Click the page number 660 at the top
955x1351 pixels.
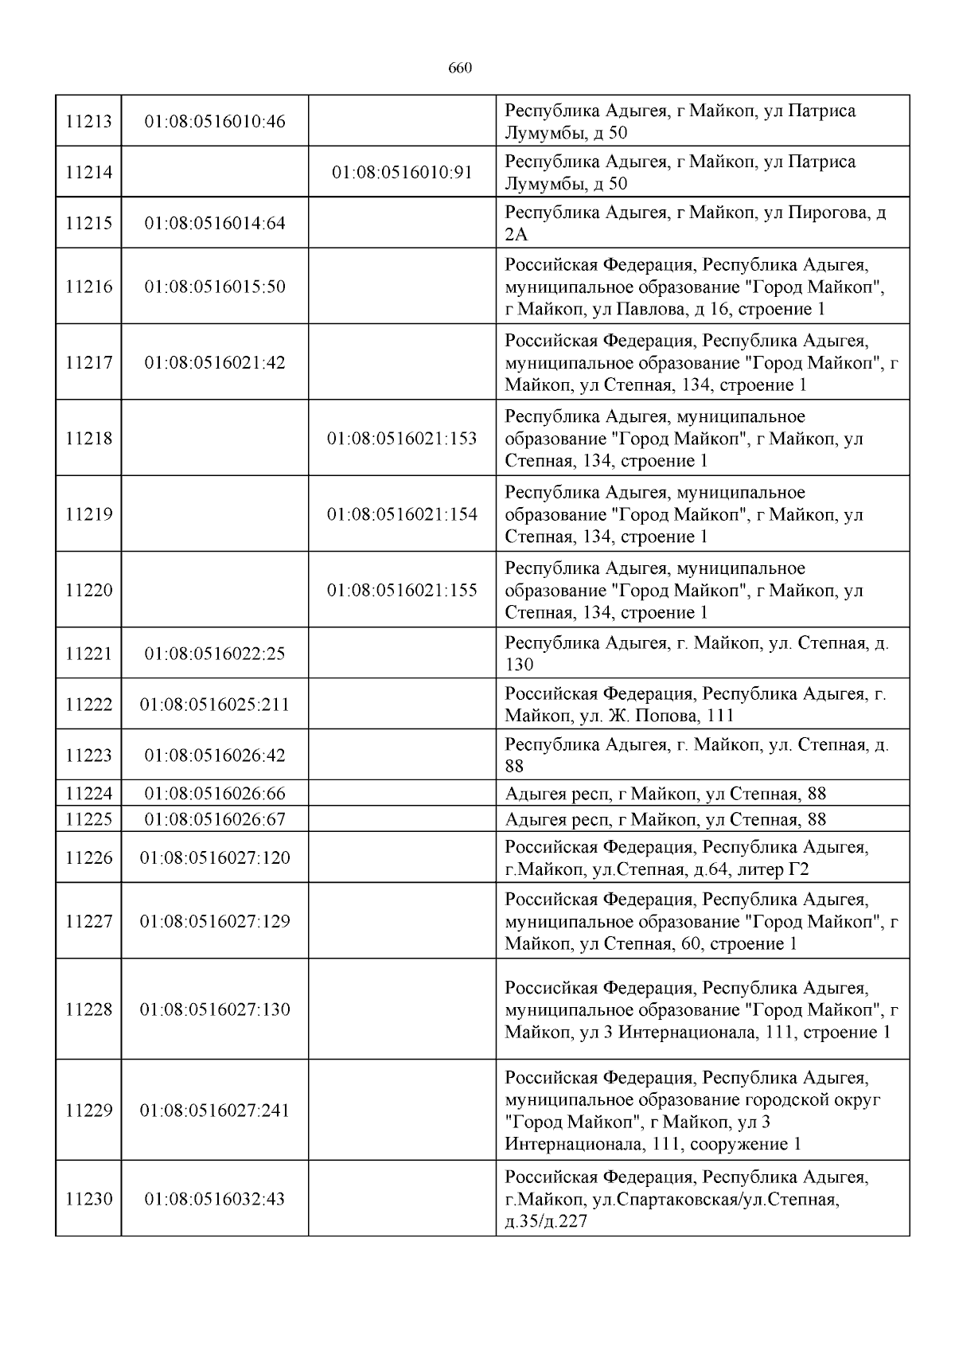pos(460,68)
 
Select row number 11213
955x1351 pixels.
pos(88,122)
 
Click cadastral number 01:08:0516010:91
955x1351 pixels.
pos(402,173)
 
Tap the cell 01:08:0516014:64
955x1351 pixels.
pos(214,224)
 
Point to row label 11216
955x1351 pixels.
pos(88,287)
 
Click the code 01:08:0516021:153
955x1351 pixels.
pos(402,439)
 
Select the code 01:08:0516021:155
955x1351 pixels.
pos(402,591)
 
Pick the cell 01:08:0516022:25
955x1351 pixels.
pos(214,654)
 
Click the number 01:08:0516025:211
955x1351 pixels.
pos(214,705)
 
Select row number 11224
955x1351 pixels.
pos(88,794)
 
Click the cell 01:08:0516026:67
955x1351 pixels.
pos(214,819)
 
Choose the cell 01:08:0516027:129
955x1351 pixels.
pos(214,921)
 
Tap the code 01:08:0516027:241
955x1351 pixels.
pos(214,1111)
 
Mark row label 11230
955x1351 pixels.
pos(88,1199)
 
